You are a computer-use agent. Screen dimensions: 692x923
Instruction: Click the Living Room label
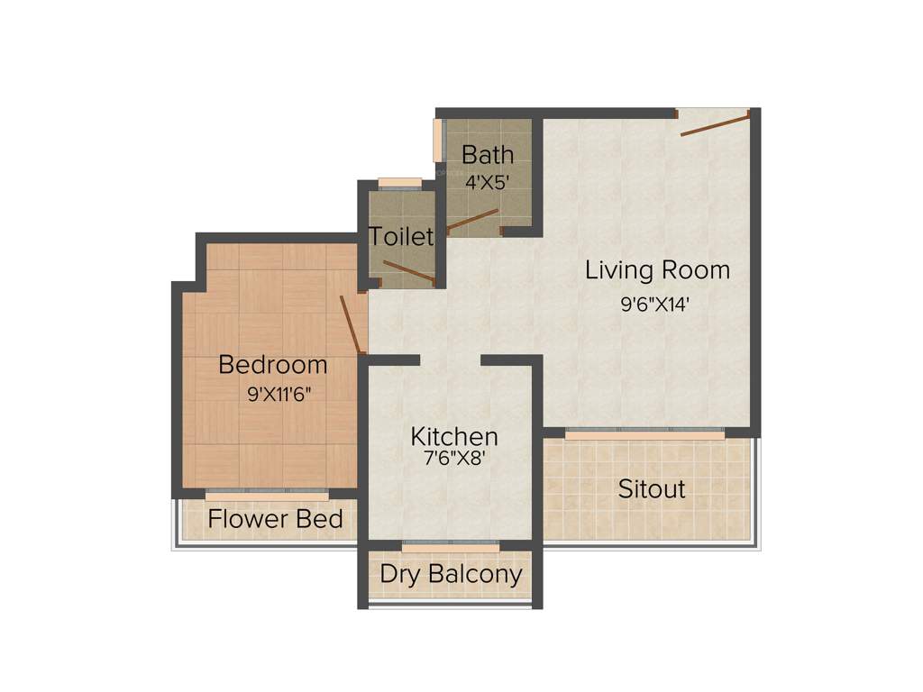pos(657,269)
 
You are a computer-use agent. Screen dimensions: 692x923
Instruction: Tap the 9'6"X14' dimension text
pos(654,305)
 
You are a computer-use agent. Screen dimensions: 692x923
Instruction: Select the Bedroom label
pos(273,365)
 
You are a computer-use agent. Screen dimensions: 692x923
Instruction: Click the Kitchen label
pos(454,437)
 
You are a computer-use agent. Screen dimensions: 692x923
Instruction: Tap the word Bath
pos(488,155)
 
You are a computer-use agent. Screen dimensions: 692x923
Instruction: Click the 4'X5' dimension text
pos(488,181)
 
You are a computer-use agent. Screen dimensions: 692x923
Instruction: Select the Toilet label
pos(401,237)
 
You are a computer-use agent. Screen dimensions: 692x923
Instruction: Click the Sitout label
pos(652,489)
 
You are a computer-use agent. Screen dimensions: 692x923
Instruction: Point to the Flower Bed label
pos(275,519)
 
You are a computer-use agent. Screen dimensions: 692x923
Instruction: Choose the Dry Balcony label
pos(451,574)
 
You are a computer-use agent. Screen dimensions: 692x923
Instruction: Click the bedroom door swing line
pos(352,323)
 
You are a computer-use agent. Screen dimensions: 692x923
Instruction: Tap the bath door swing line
pos(473,220)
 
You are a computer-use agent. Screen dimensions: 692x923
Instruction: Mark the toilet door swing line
pos(409,271)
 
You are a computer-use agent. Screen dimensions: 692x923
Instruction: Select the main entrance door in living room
pos(714,123)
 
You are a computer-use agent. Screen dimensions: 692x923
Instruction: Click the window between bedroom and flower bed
pos(267,495)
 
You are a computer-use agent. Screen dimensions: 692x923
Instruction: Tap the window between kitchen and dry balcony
pos(450,546)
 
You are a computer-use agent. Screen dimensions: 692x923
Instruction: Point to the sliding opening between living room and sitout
pos(644,433)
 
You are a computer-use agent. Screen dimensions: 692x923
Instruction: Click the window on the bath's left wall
pos(439,140)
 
